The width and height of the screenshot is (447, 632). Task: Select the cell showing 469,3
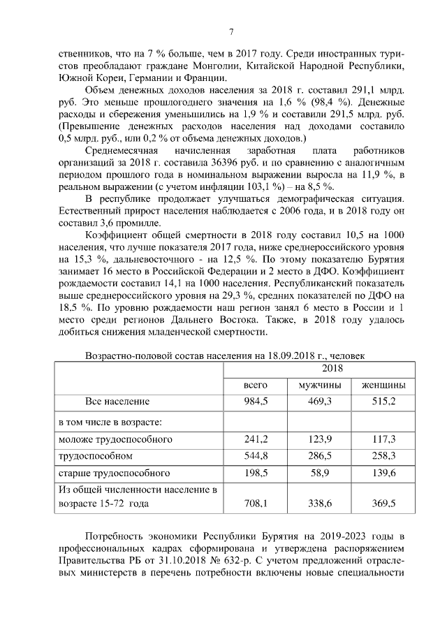coord(319,402)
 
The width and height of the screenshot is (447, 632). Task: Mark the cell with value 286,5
coord(319,455)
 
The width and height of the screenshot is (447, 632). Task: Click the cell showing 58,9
coord(319,473)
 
